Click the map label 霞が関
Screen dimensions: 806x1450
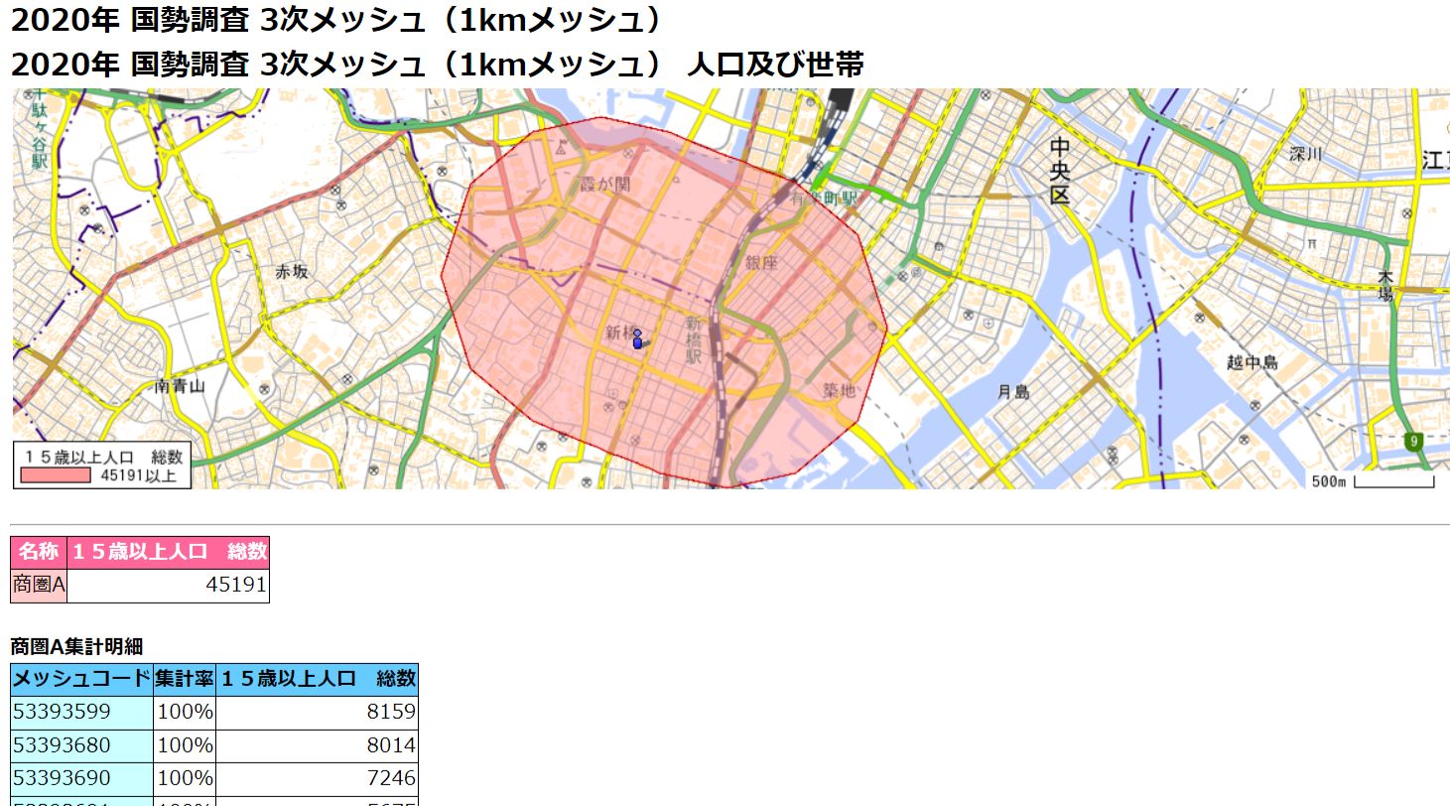click(x=604, y=185)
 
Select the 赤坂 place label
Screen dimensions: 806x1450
click(x=292, y=271)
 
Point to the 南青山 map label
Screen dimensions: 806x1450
click(x=180, y=386)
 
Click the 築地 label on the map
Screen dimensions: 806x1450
click(x=839, y=390)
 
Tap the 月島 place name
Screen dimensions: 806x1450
click(x=1013, y=392)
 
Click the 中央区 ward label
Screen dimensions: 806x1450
click(x=1060, y=171)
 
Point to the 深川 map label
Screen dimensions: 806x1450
click(x=1306, y=154)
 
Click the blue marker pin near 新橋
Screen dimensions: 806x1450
click(x=637, y=339)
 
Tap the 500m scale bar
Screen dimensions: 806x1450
click(x=1392, y=482)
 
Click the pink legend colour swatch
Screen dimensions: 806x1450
click(x=58, y=475)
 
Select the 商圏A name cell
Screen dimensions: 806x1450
click(x=39, y=586)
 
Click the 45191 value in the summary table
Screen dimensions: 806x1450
click(x=236, y=586)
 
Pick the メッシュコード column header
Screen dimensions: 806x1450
click(x=81, y=680)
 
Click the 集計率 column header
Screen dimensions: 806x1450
click(x=185, y=680)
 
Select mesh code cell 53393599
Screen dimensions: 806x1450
click(x=61, y=713)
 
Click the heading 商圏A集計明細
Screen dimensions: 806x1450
click(x=76, y=647)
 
